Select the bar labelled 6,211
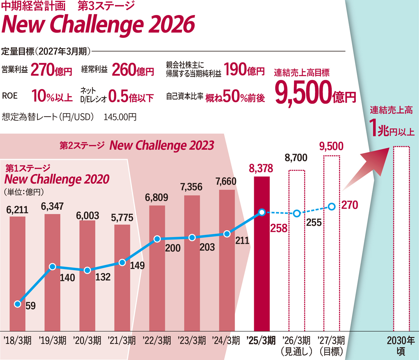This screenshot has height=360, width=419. [x=17, y=273]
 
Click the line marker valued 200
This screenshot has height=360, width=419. [x=157, y=239]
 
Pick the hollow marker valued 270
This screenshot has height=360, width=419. [x=332, y=207]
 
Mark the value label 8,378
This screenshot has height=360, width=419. [x=262, y=169]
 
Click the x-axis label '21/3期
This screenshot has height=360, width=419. [x=122, y=340]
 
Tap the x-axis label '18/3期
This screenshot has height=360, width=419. [x=17, y=340]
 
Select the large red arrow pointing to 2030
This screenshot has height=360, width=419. [x=367, y=168]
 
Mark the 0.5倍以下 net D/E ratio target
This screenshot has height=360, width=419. [x=131, y=96]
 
